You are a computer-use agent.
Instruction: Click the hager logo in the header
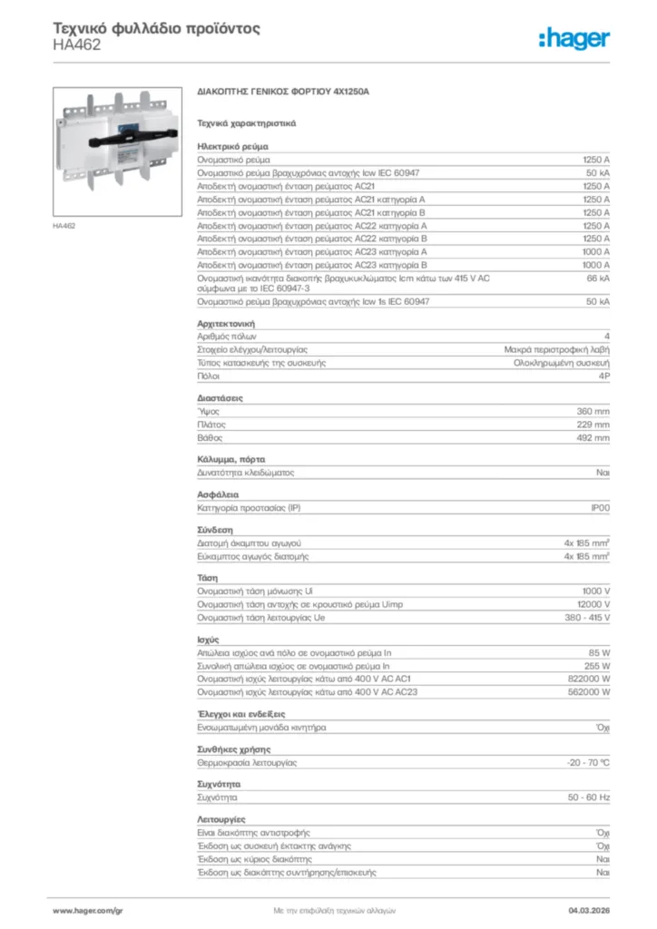574,38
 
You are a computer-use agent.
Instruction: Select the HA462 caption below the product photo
64,225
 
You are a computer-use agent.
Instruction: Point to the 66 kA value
598,278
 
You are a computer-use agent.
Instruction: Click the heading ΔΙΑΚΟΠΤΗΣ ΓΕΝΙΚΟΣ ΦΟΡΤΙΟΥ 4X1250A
283,93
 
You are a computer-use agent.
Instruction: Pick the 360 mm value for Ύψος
593,411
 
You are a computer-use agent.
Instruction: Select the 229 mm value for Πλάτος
593,424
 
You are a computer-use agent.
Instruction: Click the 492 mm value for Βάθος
593,437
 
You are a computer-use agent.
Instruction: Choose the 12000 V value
589,604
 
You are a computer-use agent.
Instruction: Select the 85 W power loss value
598,652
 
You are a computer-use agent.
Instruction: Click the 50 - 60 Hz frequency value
588,797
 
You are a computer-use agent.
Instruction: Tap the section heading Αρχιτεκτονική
226,323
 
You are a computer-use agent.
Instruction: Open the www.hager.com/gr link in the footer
87,909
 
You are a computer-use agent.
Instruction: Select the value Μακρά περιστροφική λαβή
557,349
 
